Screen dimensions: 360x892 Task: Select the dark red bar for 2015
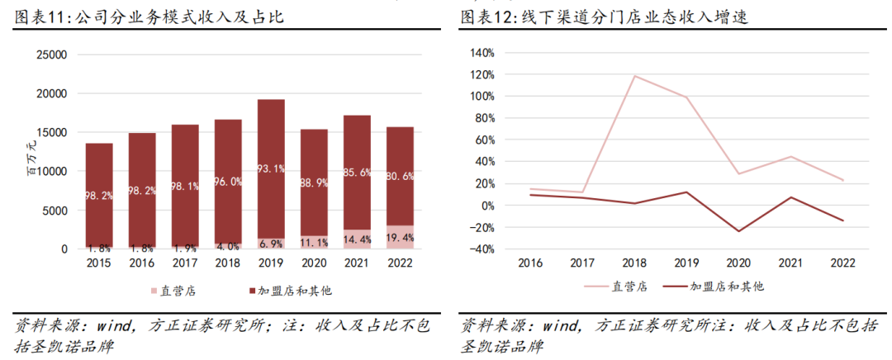coord(99,194)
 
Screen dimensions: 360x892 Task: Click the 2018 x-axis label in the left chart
coord(228,263)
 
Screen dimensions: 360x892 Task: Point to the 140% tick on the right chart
coord(481,52)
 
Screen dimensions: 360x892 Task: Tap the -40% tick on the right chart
coord(481,249)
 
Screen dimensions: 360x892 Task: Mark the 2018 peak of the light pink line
coord(634,76)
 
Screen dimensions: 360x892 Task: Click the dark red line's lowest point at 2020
coord(738,231)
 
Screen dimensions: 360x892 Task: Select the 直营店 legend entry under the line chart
coord(618,287)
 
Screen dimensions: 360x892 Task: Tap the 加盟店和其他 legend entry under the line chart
coord(717,287)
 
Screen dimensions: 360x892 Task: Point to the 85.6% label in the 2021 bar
coord(358,172)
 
